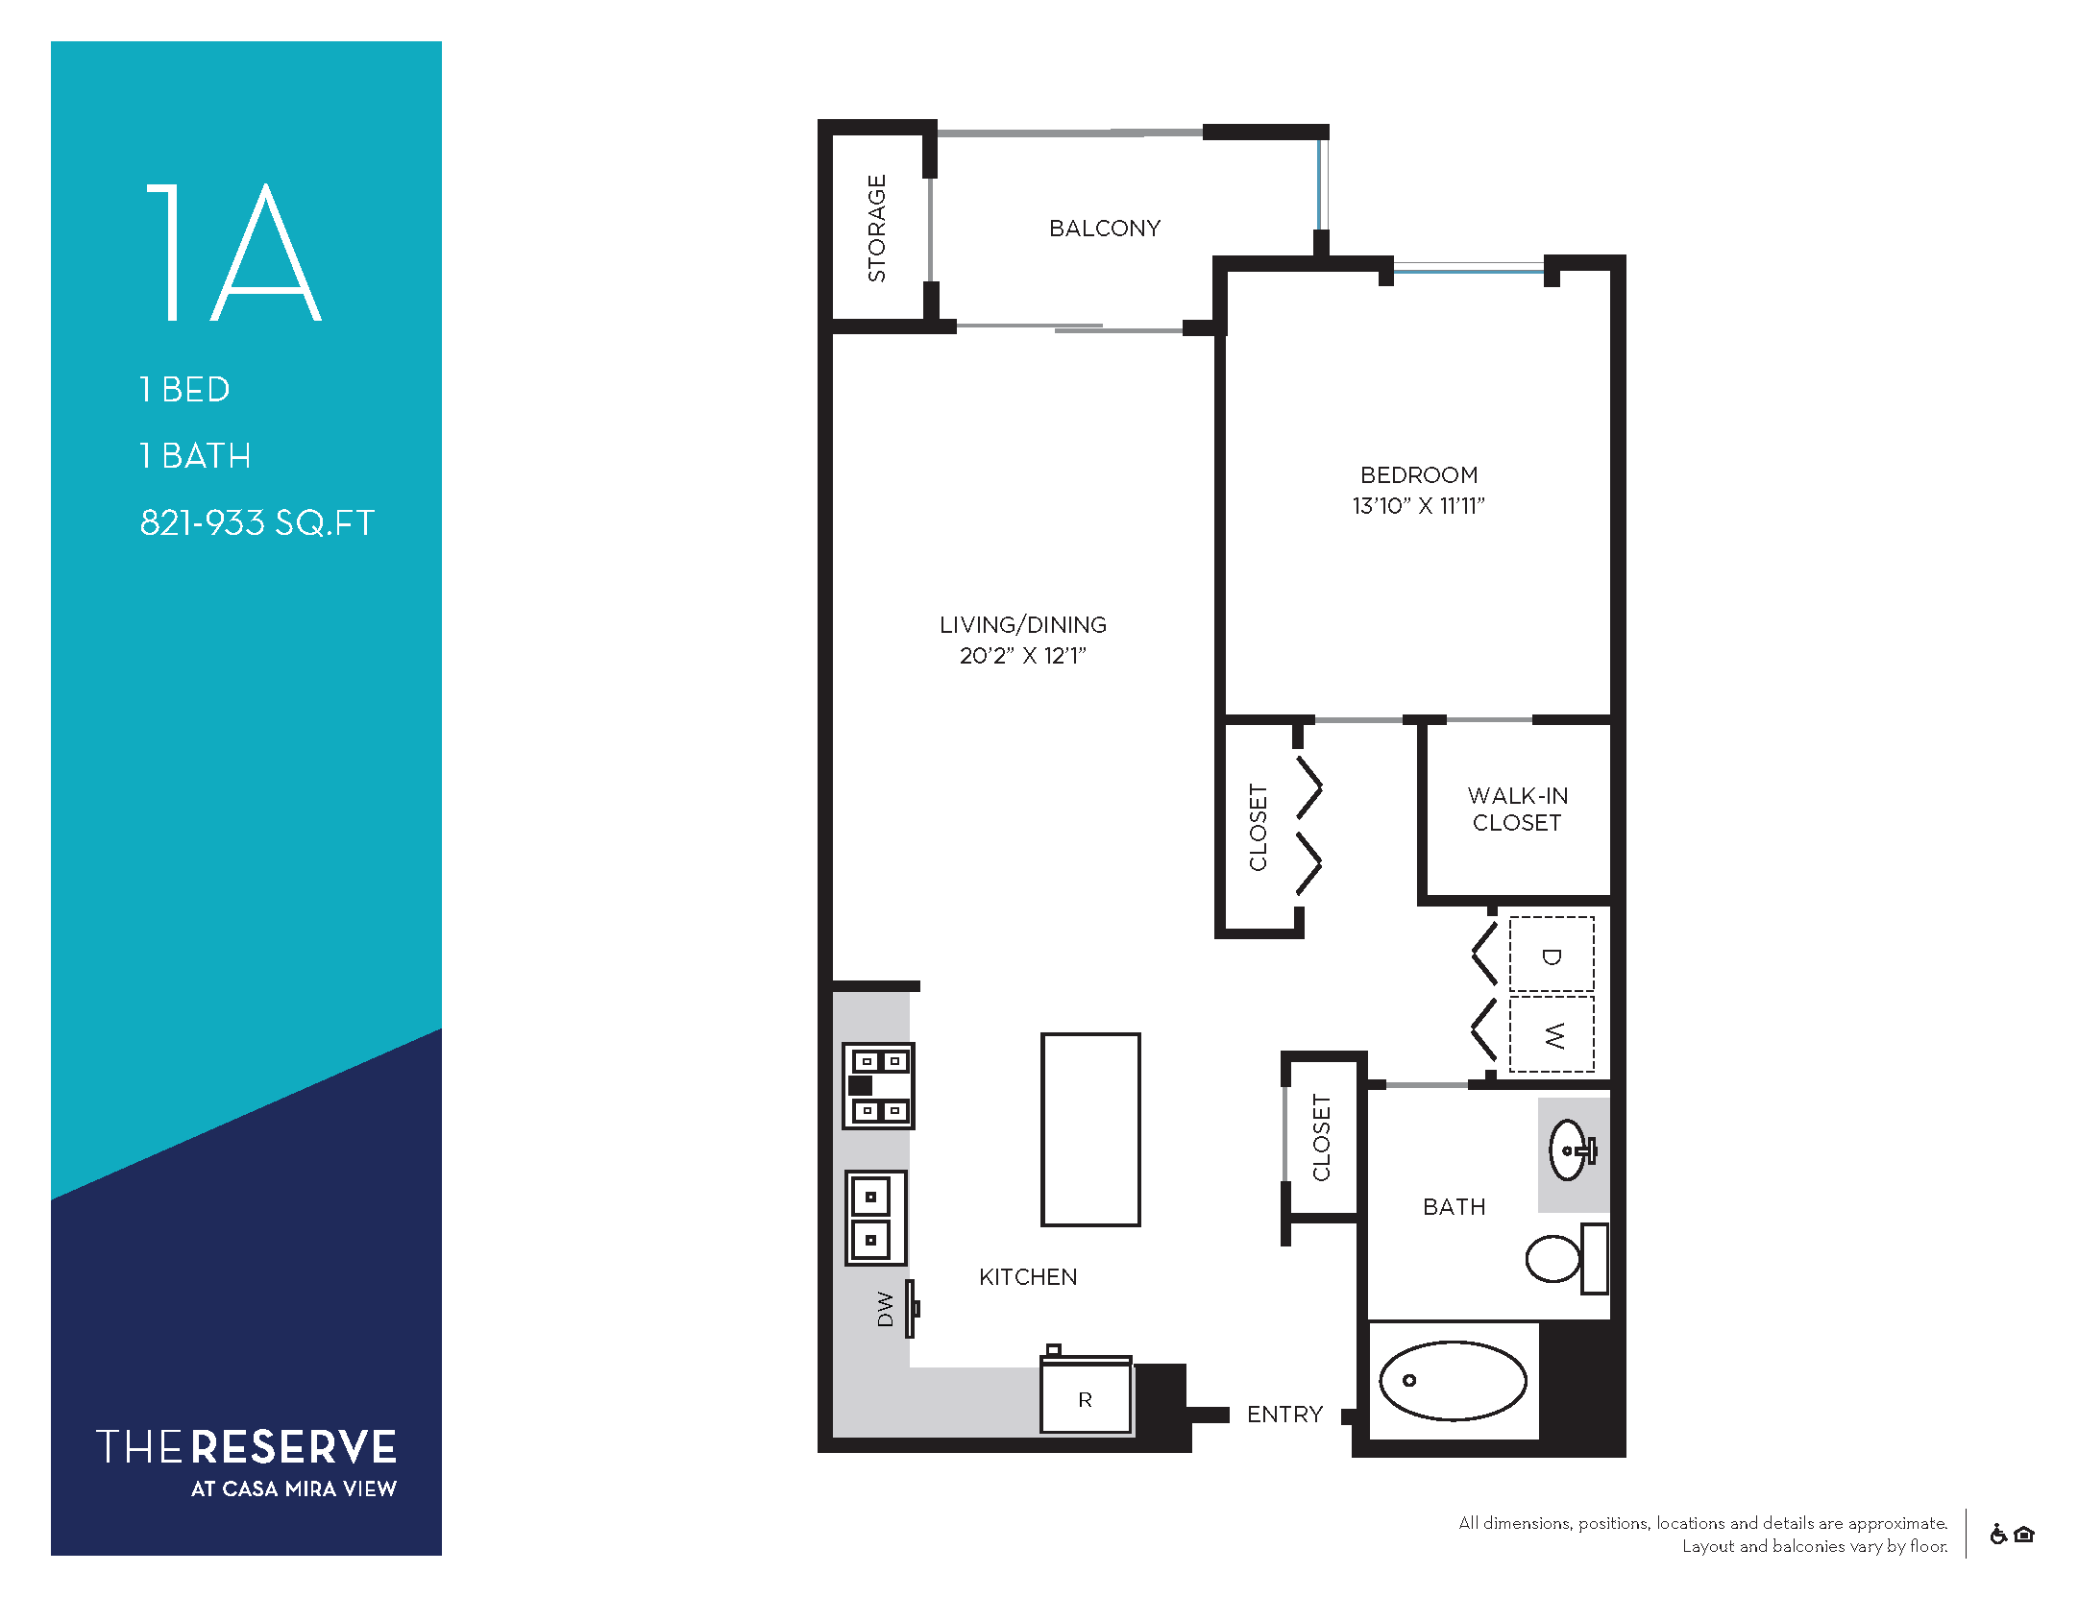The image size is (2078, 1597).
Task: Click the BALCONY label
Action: (1105, 229)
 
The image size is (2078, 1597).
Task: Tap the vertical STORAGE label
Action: (876, 229)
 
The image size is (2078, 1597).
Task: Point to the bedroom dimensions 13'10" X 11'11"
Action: (1419, 506)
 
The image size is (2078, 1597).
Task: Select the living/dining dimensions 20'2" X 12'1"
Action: (1023, 656)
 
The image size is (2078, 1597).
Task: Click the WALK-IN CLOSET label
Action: (1518, 810)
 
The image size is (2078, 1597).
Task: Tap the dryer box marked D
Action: (1552, 955)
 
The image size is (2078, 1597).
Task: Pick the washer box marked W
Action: (1552, 1034)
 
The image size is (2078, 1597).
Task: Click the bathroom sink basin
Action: (1568, 1149)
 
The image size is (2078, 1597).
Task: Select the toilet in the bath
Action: (1567, 1259)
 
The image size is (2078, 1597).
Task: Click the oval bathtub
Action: (1453, 1381)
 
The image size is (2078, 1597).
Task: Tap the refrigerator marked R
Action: (1087, 1394)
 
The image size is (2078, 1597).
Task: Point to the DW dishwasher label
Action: (886, 1309)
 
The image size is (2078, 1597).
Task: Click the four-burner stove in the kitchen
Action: (879, 1086)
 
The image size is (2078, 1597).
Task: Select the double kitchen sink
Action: (876, 1218)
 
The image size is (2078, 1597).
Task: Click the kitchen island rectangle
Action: (1091, 1129)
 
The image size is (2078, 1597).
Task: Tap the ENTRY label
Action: (1284, 1415)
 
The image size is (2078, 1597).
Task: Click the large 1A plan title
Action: (233, 253)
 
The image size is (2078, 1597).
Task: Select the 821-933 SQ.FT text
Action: (257, 522)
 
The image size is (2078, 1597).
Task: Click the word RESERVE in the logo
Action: (294, 1447)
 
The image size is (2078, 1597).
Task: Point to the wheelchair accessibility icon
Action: (1998, 1534)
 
